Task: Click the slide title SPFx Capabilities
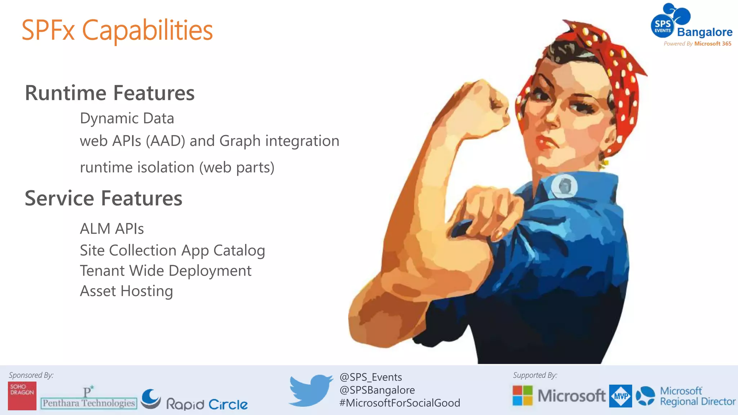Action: (x=117, y=30)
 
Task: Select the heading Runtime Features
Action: (x=110, y=93)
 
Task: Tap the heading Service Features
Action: (x=103, y=198)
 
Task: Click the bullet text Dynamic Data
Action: (x=127, y=119)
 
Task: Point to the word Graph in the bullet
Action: (x=240, y=141)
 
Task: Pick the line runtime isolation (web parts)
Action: (x=177, y=168)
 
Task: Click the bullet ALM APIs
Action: (x=112, y=229)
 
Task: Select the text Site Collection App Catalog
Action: (x=172, y=251)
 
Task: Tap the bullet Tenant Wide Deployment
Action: (x=165, y=271)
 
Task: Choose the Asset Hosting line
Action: (x=126, y=291)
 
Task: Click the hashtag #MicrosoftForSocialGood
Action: (x=400, y=403)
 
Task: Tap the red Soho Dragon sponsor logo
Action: (x=22, y=396)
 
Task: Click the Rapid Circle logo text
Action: (x=206, y=404)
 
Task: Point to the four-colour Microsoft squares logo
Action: (x=523, y=395)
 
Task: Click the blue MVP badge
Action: (x=620, y=396)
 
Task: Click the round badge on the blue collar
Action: (x=564, y=186)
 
